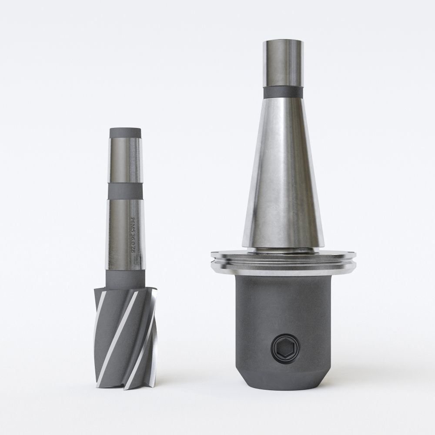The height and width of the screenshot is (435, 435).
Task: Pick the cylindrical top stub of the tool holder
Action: pos(282,63)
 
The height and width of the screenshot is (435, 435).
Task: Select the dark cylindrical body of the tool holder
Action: pos(283,313)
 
